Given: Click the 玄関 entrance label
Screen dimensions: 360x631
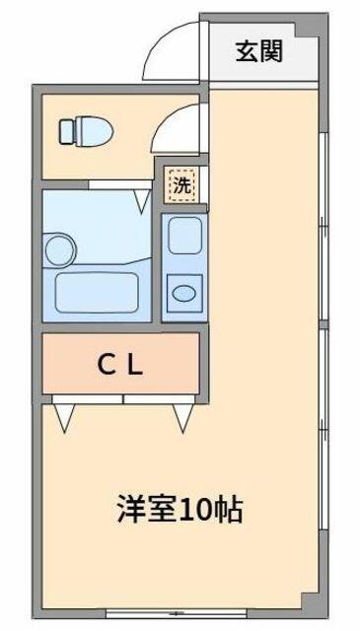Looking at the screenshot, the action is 259,51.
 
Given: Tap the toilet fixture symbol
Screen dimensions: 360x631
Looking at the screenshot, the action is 86,131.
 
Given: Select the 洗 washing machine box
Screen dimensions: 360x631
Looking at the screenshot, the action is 182,186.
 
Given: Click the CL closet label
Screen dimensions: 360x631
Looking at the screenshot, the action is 120,366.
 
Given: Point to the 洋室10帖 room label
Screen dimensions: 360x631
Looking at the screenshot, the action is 180,510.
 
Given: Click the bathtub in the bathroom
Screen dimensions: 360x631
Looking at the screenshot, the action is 97,293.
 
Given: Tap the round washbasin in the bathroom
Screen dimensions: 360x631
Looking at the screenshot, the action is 59,249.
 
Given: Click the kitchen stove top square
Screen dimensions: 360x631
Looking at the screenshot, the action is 184,236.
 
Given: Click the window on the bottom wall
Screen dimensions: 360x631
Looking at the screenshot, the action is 176,614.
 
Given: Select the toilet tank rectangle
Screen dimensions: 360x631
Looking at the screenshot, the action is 66,131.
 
